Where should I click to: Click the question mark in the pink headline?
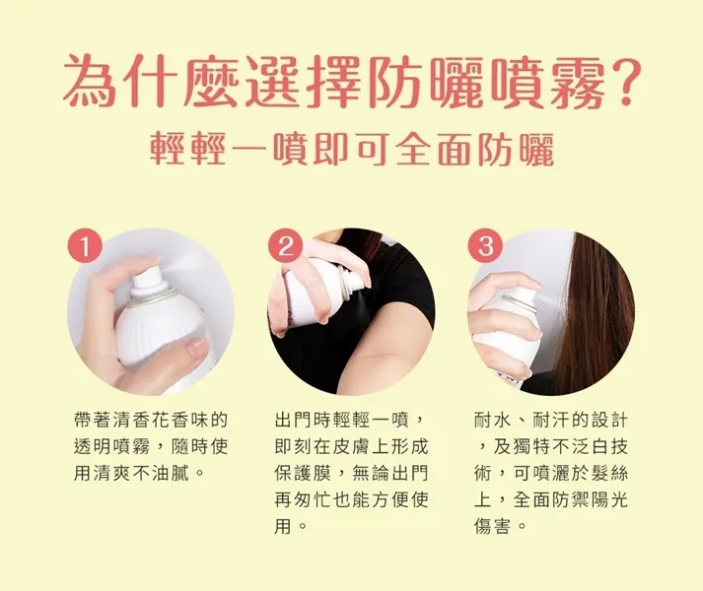tap(624, 81)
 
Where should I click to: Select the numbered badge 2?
tap(285, 247)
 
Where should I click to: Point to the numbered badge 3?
tap(486, 247)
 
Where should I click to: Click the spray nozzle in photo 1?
tap(148, 277)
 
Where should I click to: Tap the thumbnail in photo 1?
tap(197, 348)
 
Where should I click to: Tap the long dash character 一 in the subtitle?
tap(248, 149)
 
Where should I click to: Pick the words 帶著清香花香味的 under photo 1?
tap(151, 421)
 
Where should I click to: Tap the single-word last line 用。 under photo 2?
tap(291, 526)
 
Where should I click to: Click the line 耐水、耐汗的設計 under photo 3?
tap(551, 421)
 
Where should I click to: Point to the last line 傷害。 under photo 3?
tap(500, 526)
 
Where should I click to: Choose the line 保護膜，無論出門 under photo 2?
tap(351, 473)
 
